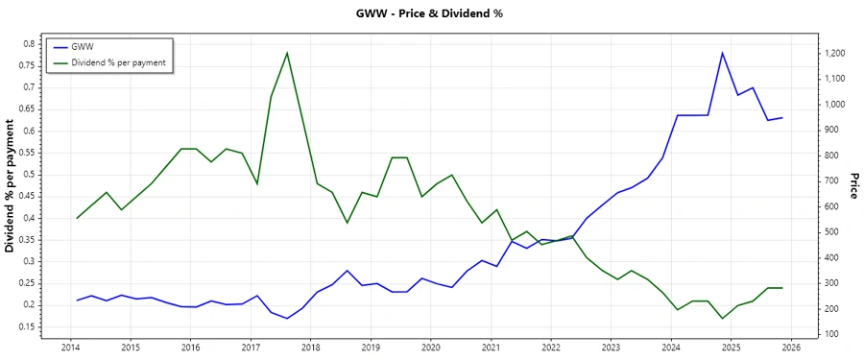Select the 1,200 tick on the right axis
(835, 53)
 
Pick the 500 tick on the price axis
(831, 232)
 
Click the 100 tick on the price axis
(831, 334)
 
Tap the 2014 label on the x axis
(70, 347)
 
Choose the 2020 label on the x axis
(430, 347)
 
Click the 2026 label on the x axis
(790, 347)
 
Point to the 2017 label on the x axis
(251, 347)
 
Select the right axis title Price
(852, 186)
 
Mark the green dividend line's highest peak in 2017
(287, 53)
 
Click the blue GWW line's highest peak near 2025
(722, 53)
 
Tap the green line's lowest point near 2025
(722, 318)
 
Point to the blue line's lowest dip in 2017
(287, 318)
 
